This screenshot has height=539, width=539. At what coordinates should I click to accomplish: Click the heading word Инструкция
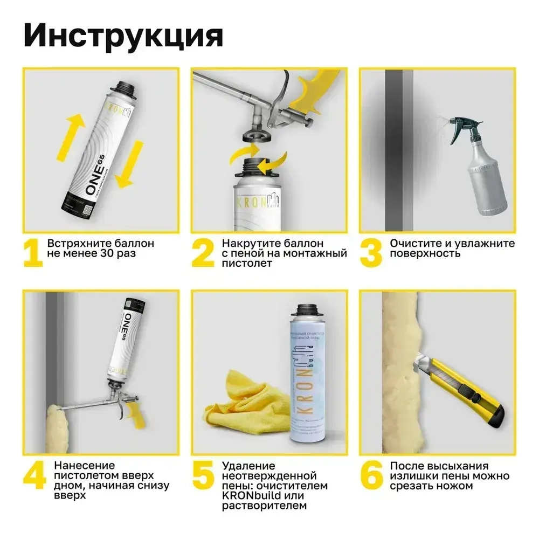click(x=123, y=35)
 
